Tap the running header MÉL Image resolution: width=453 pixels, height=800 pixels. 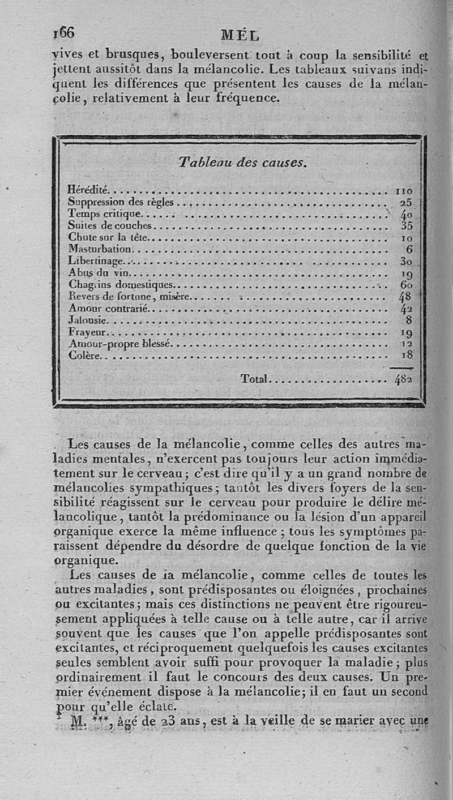point(240,35)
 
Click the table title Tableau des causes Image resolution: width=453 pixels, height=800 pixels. point(242,162)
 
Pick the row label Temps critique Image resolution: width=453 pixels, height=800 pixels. point(105,213)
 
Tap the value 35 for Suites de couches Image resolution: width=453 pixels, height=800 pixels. point(405,225)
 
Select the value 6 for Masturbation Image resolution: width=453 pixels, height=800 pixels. point(409,249)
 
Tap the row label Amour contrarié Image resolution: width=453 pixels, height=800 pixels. point(108,308)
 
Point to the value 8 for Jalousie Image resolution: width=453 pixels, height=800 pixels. point(409,320)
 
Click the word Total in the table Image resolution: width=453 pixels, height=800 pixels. point(254,378)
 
